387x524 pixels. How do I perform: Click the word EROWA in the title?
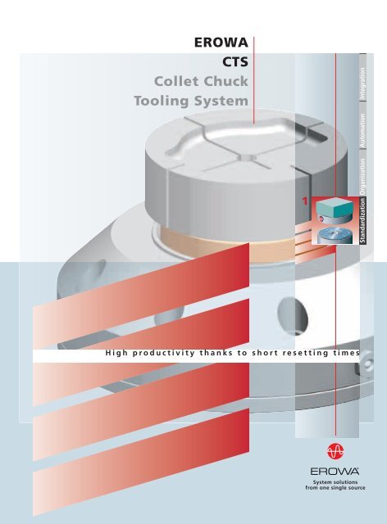(x=221, y=43)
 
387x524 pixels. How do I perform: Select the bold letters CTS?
(x=235, y=62)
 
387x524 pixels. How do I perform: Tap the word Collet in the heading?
(x=176, y=81)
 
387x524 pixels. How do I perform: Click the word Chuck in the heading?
(x=226, y=81)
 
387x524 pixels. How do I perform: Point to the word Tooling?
(x=162, y=101)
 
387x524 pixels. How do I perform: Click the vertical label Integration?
(x=362, y=84)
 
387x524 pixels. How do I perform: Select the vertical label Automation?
(x=362, y=130)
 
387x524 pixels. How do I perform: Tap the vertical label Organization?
(x=362, y=177)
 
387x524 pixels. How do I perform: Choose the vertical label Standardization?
(x=362, y=220)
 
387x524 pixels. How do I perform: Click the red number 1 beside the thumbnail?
(x=305, y=201)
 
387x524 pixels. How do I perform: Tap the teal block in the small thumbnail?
(x=335, y=207)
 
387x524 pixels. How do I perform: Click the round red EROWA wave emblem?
(x=335, y=451)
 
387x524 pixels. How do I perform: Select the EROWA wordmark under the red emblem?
(x=335, y=472)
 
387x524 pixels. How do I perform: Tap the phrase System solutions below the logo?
(x=335, y=482)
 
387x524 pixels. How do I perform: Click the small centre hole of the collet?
(x=247, y=157)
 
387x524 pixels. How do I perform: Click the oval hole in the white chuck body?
(x=292, y=315)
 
